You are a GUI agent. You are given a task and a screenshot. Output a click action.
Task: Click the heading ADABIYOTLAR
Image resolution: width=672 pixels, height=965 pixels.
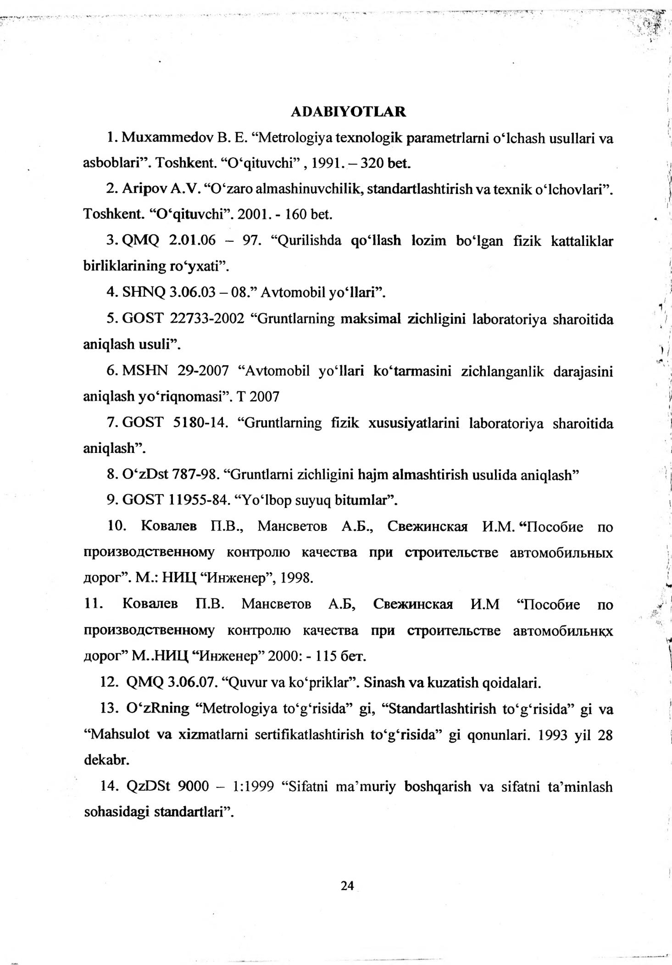coord(348,112)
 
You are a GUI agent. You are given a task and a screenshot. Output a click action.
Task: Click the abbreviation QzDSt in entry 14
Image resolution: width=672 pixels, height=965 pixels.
coord(148,787)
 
